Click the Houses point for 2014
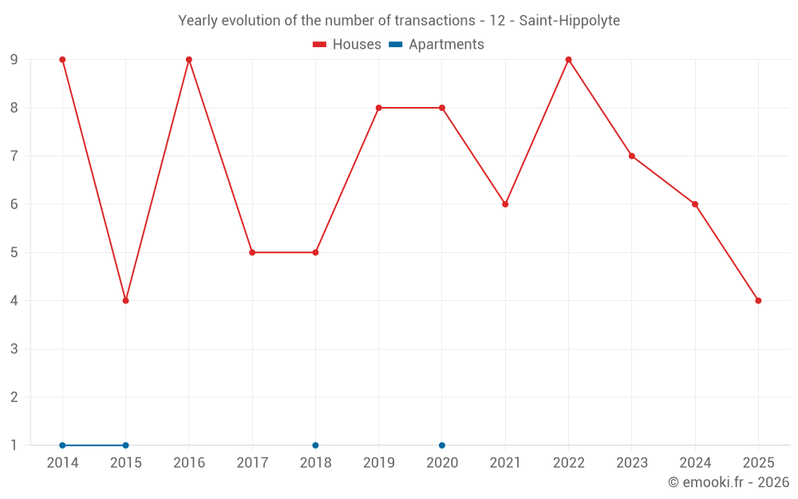(x=62, y=60)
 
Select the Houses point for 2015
(x=125, y=300)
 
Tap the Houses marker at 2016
(x=189, y=60)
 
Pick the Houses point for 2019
(x=378, y=108)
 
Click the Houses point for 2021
(x=505, y=204)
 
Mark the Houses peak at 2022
(x=568, y=60)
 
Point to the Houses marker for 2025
(x=758, y=300)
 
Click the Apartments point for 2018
(x=315, y=445)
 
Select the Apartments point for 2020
(x=442, y=445)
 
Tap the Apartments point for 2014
(x=62, y=445)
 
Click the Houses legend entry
(x=347, y=45)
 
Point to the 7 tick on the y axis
(x=14, y=156)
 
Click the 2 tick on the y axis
(x=14, y=397)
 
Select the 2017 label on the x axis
(x=252, y=463)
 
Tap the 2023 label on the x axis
(x=631, y=463)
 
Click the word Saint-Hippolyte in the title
(x=569, y=21)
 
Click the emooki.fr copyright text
(x=728, y=482)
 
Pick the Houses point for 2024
(x=695, y=204)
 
